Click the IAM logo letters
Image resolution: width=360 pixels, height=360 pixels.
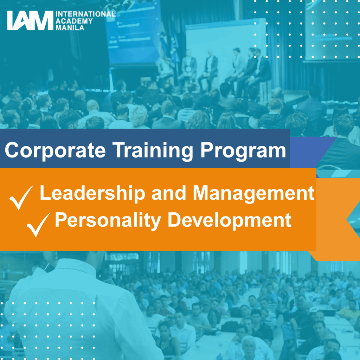(x=30, y=20)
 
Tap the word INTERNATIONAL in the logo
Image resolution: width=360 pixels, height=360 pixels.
(x=85, y=14)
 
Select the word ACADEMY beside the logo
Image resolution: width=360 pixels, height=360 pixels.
(x=74, y=21)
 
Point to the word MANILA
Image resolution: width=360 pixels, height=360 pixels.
(x=70, y=28)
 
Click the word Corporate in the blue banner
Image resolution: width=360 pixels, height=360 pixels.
(x=55, y=150)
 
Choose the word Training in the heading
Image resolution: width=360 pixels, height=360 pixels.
(x=153, y=150)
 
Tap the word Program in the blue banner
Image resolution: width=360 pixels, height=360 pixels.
(x=243, y=150)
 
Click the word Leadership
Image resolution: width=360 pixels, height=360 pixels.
(x=92, y=194)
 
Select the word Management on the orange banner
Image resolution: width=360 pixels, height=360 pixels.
(x=254, y=194)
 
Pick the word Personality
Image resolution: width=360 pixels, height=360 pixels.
(x=108, y=221)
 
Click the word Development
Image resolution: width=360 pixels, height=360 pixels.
(x=230, y=221)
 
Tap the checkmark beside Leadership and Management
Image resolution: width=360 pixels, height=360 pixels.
(x=21, y=198)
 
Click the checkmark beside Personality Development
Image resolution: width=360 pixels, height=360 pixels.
(x=38, y=225)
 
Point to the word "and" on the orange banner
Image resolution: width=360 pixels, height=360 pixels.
(x=169, y=194)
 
